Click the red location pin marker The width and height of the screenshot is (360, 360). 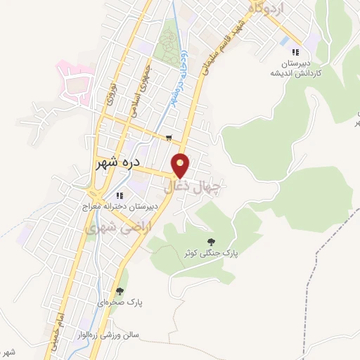pos(181,165)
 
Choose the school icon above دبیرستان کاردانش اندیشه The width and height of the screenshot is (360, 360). pos(296,51)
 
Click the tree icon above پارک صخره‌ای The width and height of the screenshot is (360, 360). pos(120,291)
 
